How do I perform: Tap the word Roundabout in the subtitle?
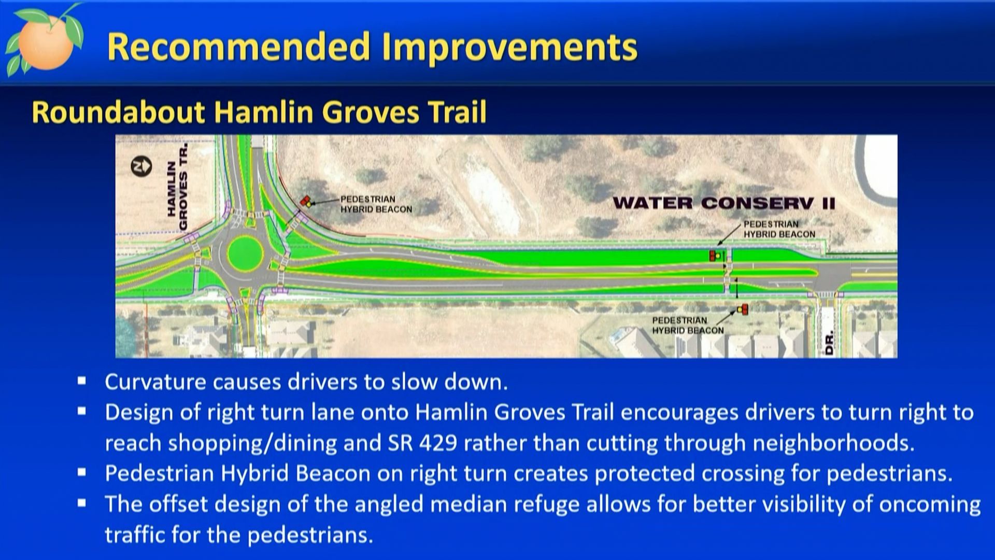coord(119,112)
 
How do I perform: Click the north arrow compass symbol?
coord(141,166)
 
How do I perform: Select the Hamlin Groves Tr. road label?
coord(177,187)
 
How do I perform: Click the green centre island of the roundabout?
coord(245,254)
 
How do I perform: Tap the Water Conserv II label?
coord(724,203)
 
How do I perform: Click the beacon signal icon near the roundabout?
coord(306,201)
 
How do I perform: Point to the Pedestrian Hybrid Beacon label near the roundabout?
coord(376,204)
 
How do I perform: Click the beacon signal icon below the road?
coord(743,310)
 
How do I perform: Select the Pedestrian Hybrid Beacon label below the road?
coord(688,326)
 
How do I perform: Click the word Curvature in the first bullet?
coord(155,382)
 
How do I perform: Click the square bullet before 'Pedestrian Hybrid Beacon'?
coord(82,473)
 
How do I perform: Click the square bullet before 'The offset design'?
coord(82,503)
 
